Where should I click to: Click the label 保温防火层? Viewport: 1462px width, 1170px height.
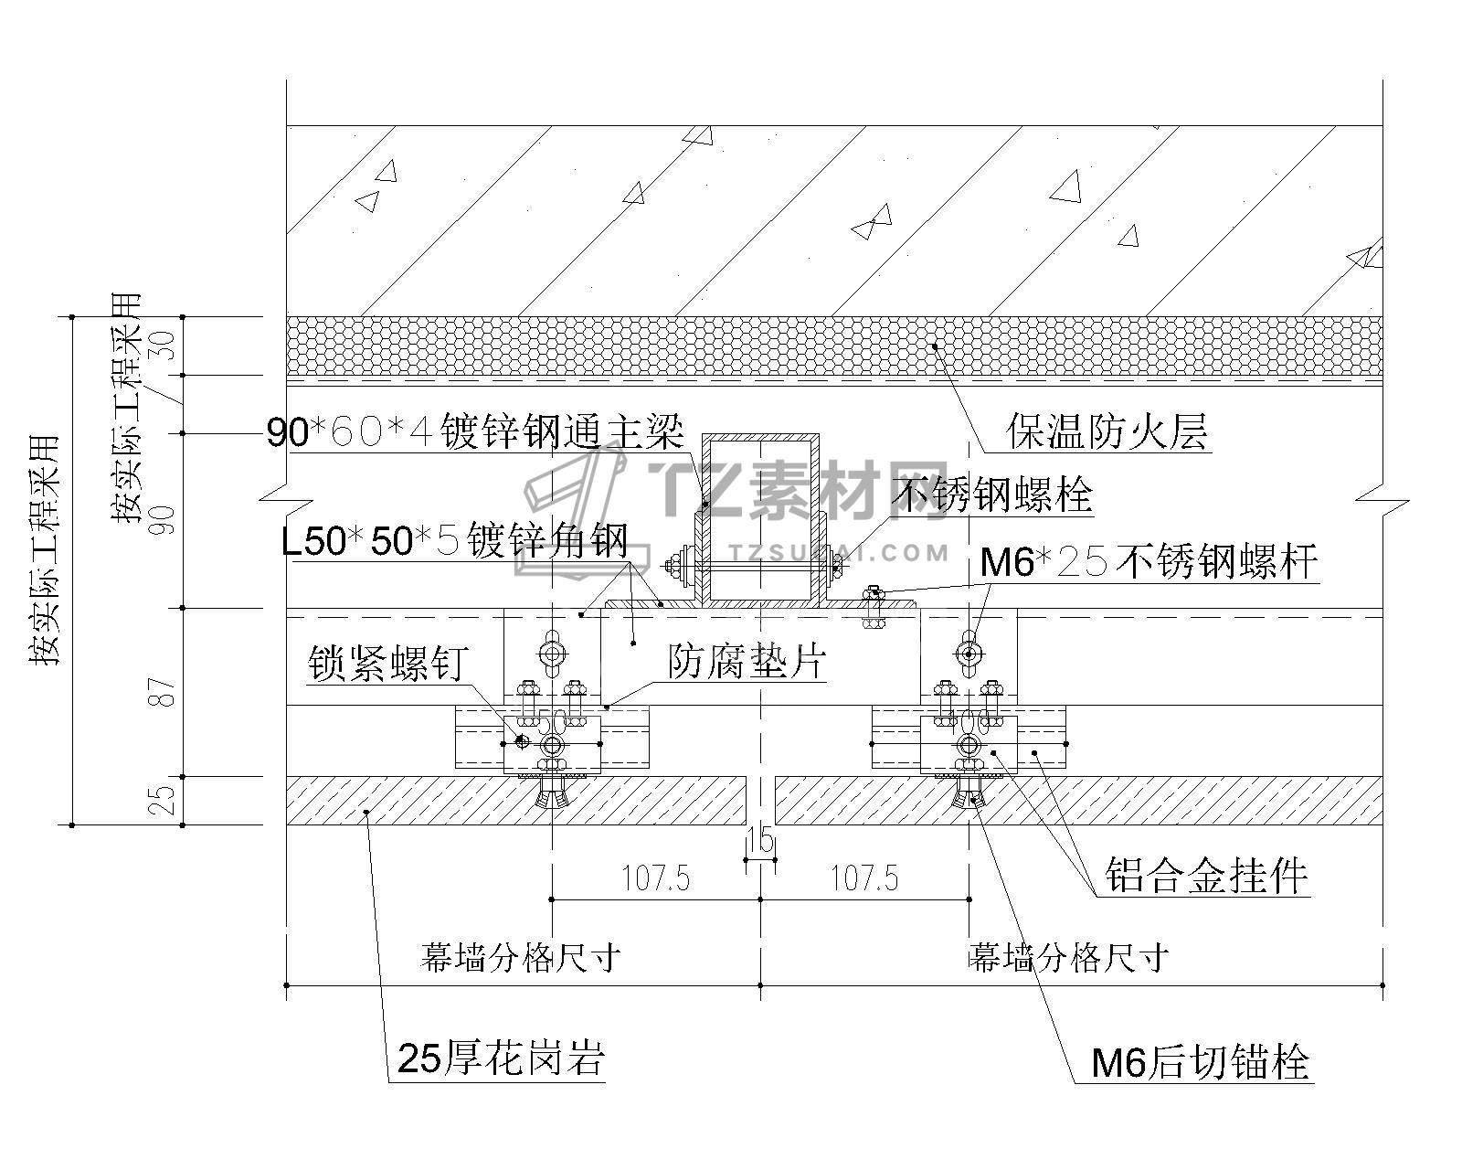click(1107, 431)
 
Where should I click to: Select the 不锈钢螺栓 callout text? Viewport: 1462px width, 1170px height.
click(993, 495)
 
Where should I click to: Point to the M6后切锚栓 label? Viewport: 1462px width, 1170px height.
click(1201, 1062)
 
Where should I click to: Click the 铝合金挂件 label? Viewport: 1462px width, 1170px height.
click(1206, 875)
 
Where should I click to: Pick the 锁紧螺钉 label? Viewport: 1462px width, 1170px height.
click(388, 663)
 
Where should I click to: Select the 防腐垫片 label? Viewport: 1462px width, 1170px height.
click(747, 661)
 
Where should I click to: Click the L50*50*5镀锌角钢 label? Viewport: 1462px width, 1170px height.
click(455, 541)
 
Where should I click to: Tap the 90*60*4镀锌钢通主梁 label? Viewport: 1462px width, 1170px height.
click(475, 431)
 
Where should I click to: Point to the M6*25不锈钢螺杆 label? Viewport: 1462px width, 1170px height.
click(1149, 561)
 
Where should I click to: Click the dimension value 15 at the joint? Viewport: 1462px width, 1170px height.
click(760, 838)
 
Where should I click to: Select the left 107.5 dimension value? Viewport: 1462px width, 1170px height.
click(655, 879)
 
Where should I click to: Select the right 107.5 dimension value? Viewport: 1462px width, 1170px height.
click(863, 879)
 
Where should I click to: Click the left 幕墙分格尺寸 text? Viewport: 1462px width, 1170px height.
click(521, 957)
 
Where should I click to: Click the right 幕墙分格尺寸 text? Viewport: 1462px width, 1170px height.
click(1069, 957)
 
